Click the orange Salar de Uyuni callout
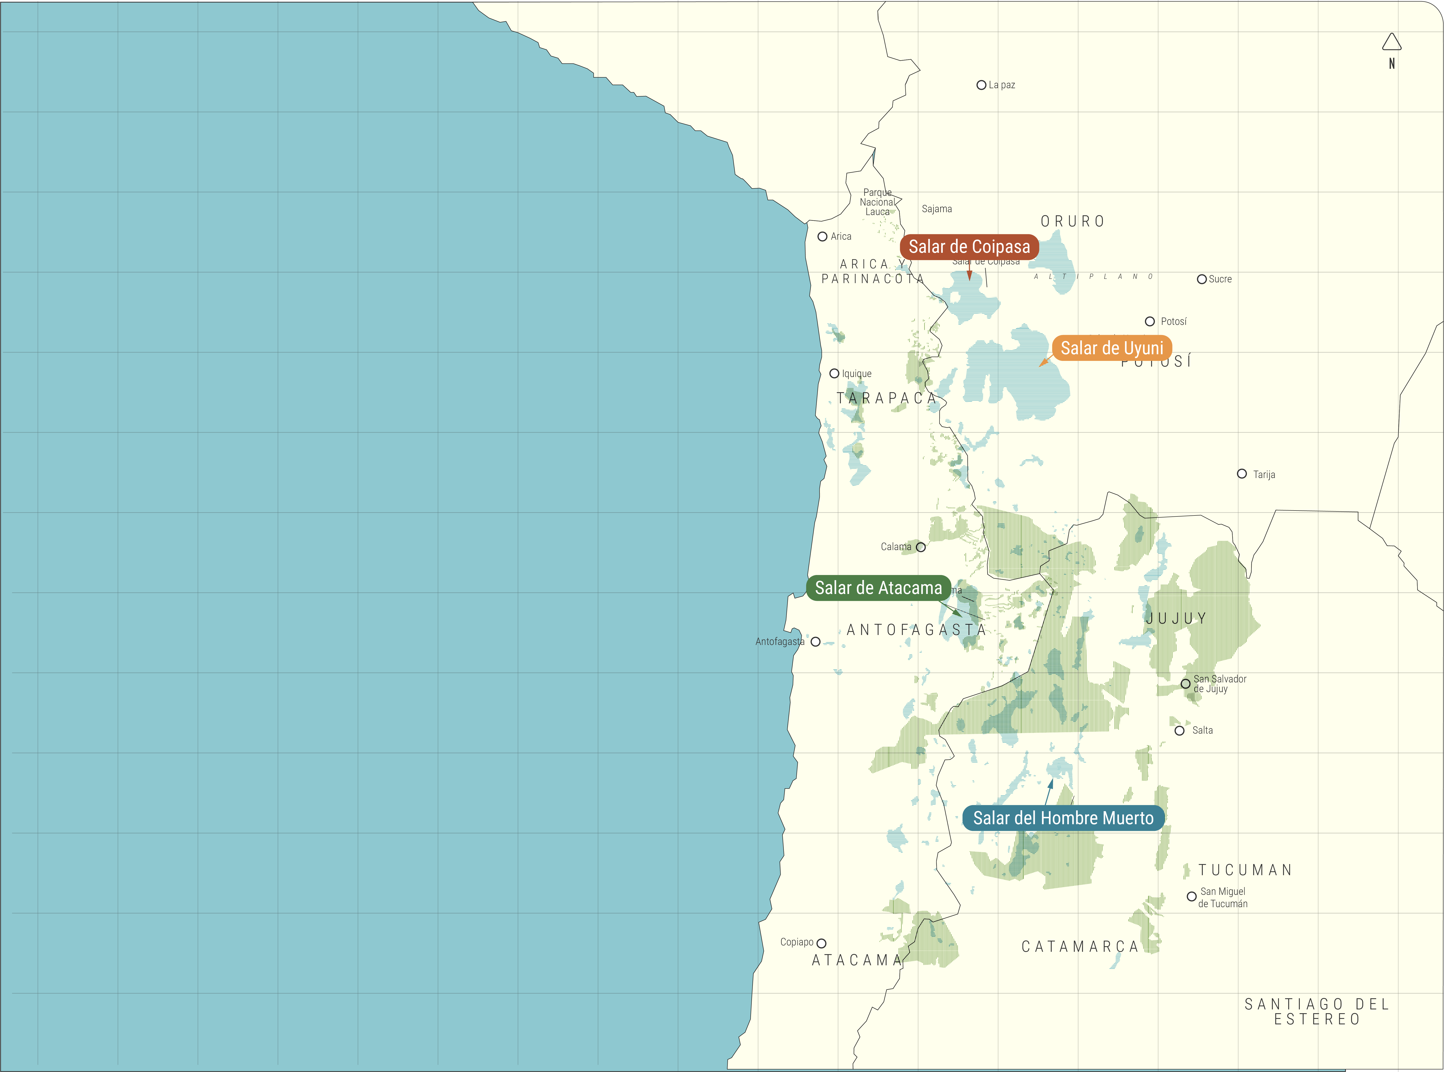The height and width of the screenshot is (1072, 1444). point(1112,349)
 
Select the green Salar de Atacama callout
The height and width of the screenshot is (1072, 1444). point(878,588)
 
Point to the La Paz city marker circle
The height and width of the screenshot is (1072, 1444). point(981,85)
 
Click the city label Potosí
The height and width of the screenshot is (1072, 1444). point(1173,321)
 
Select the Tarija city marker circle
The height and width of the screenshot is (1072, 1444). point(1241,474)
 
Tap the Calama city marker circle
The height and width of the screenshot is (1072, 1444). point(920,547)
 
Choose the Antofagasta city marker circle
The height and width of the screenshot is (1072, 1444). point(815,642)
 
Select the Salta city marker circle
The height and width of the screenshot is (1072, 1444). point(1179,731)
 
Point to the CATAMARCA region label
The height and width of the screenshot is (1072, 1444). point(1080,947)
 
